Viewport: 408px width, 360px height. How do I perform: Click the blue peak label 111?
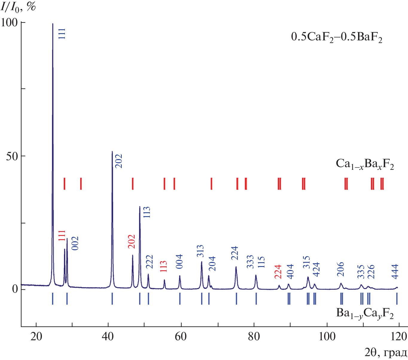pyautogui.click(x=62, y=34)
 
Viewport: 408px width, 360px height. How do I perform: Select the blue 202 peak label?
pyautogui.click(x=119, y=161)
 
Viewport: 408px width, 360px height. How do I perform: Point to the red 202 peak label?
pyautogui.click(x=132, y=242)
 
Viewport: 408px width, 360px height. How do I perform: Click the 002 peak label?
pyautogui.click(x=75, y=243)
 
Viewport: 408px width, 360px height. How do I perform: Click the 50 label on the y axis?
pyautogui.click(x=12, y=156)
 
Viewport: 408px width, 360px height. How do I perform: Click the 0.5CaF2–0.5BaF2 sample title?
pyautogui.click(x=337, y=38)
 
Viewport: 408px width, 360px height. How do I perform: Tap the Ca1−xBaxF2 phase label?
pyautogui.click(x=365, y=164)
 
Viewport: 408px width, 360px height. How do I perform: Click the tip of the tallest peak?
pyautogui.click(x=53, y=24)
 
